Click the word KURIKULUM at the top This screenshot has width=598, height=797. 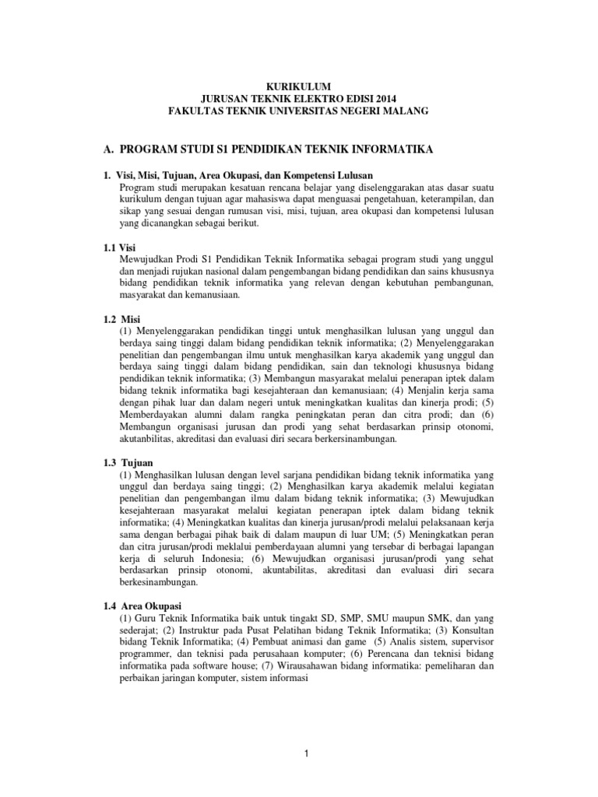[x=299, y=87]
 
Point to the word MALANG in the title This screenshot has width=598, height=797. [x=406, y=111]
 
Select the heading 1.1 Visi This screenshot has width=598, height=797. [x=119, y=247]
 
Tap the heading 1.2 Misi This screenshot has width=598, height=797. [x=120, y=320]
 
